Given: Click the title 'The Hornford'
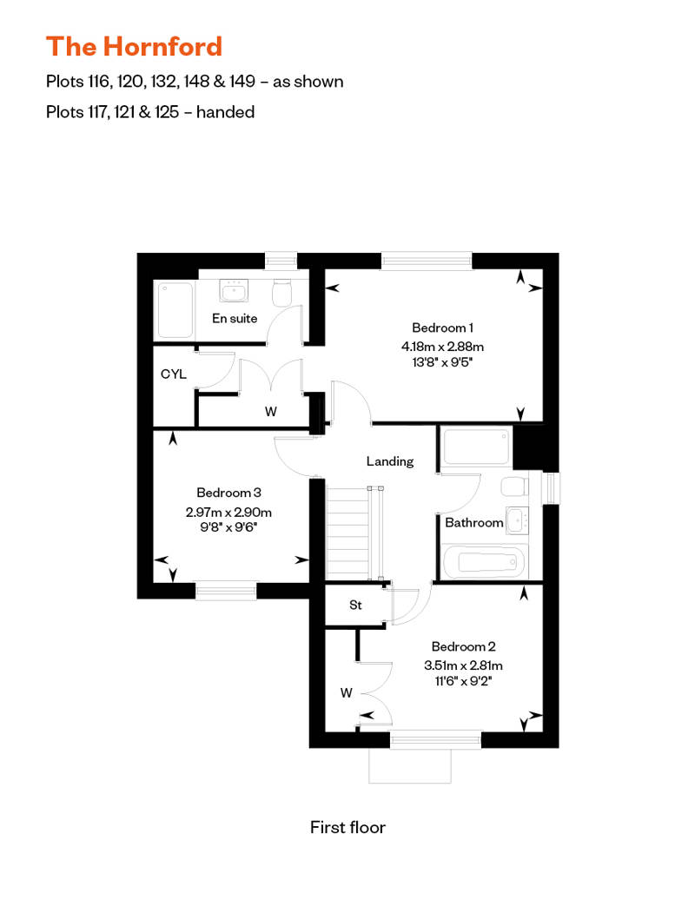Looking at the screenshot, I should (x=134, y=46).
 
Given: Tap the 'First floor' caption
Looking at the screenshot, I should (x=347, y=827).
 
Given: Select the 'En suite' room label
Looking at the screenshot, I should (x=235, y=318).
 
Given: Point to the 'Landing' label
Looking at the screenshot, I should (x=389, y=461).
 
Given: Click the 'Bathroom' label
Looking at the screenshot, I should (x=473, y=523).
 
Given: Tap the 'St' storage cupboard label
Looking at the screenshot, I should (x=355, y=606).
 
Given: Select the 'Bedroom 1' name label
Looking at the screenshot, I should (x=442, y=328).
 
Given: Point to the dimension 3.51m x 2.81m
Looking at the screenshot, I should (x=463, y=665).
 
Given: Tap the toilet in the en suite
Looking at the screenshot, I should (x=280, y=294).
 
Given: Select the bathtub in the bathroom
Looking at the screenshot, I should (x=485, y=563).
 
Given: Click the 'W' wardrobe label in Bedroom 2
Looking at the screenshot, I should (x=346, y=692).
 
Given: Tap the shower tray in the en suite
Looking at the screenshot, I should (x=174, y=309).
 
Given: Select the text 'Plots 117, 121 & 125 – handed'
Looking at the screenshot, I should (x=150, y=111).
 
